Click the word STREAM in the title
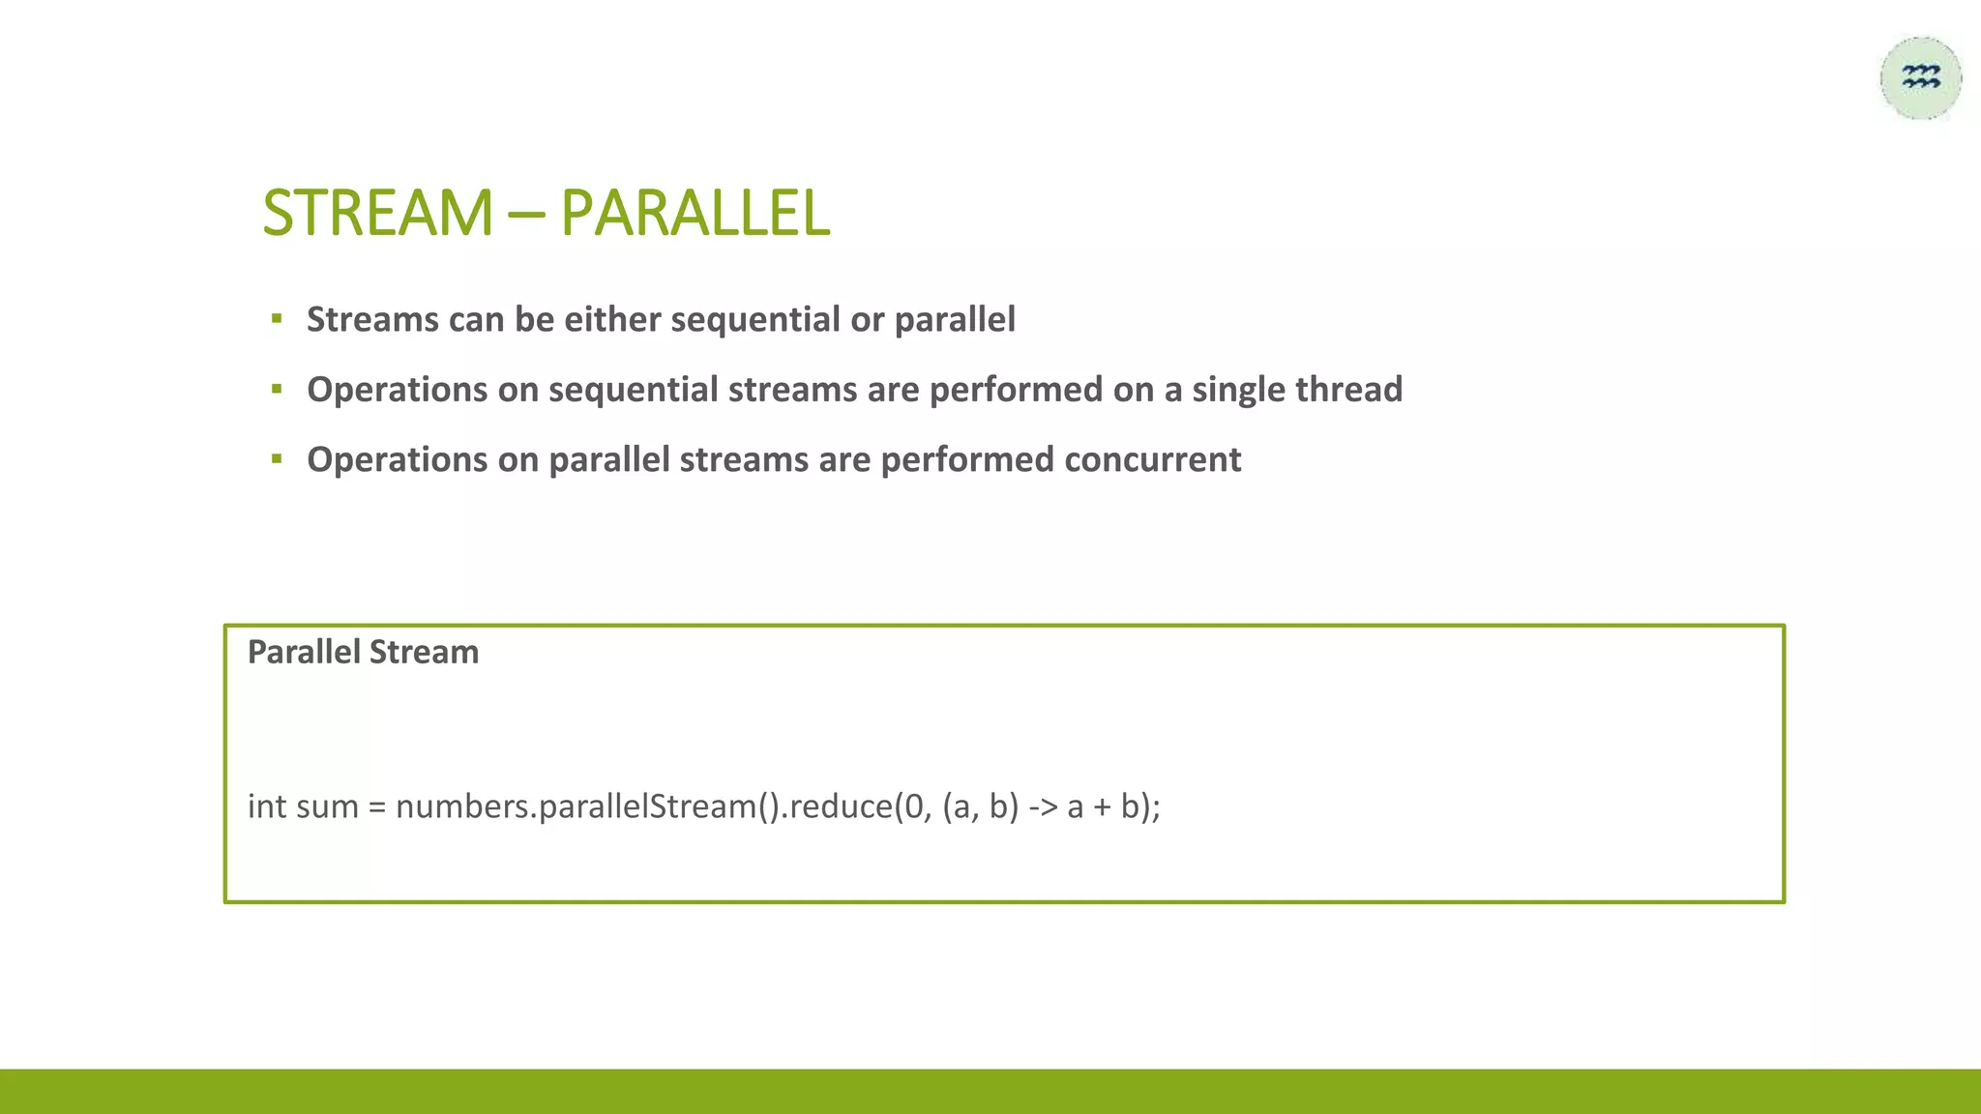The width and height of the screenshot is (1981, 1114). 377,213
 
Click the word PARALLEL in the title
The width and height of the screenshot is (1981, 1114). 695,213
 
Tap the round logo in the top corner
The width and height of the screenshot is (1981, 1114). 1920,78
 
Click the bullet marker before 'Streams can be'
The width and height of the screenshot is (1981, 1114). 277,318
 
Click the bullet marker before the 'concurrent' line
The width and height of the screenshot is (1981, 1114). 277,458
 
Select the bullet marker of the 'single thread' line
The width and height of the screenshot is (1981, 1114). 277,389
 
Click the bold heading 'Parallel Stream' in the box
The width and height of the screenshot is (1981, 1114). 363,652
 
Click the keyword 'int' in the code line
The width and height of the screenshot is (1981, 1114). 267,806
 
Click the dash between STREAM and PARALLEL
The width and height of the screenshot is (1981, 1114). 525,215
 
